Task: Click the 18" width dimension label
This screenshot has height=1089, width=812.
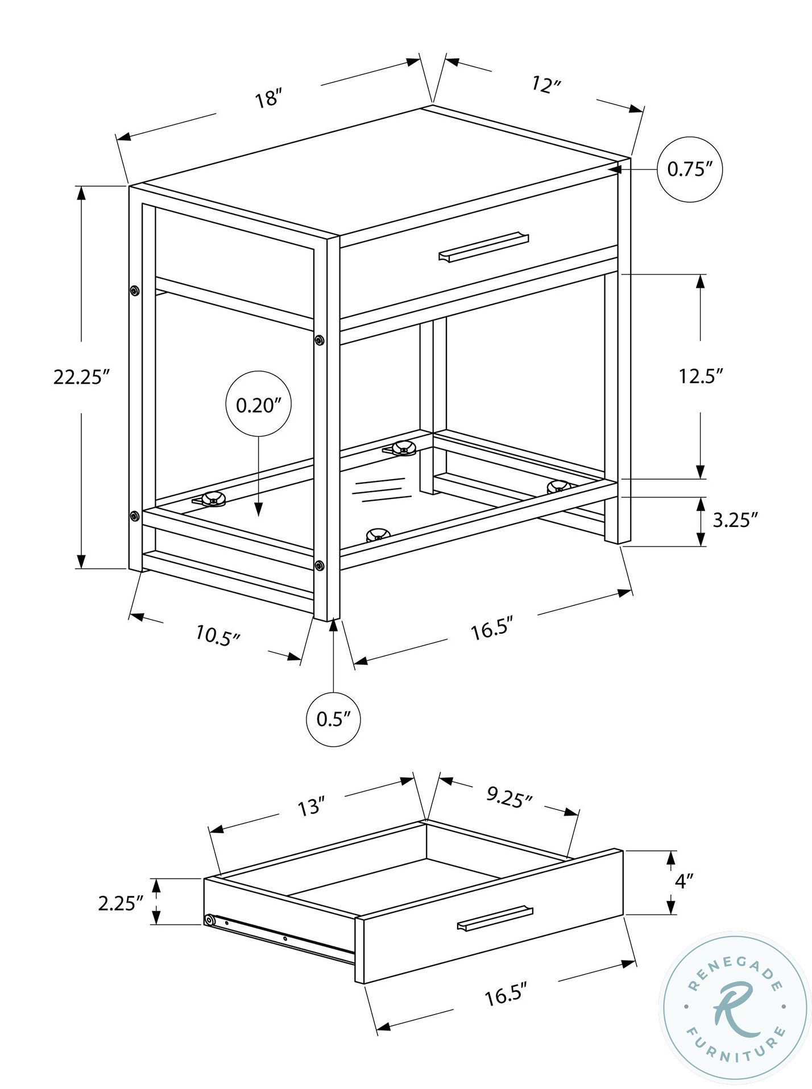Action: (x=269, y=98)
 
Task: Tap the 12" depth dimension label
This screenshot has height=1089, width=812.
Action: (x=546, y=85)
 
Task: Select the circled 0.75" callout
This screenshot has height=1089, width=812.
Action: (x=690, y=169)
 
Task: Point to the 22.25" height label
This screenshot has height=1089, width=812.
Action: (x=81, y=377)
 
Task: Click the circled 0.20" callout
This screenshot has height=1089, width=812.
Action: (x=259, y=405)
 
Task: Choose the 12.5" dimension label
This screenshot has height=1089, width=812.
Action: (x=701, y=376)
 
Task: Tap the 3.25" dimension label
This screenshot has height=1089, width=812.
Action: (x=735, y=519)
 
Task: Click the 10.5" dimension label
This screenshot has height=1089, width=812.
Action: (x=219, y=635)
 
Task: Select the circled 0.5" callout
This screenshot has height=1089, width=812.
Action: (x=334, y=720)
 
